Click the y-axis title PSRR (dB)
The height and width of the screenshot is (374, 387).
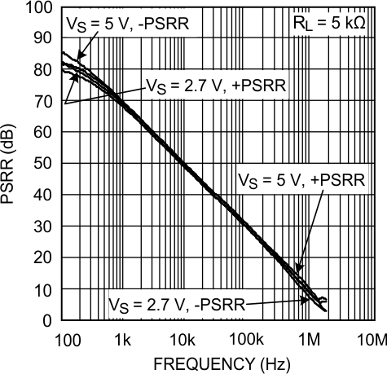click(x=11, y=163)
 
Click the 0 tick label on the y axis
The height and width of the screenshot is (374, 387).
click(x=46, y=320)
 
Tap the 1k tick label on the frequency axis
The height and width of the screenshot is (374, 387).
click(x=123, y=338)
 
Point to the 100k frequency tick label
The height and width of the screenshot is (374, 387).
click(x=246, y=338)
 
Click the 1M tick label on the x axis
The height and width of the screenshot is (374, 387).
click(x=309, y=338)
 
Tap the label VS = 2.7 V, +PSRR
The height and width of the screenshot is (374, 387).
click(x=213, y=84)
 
